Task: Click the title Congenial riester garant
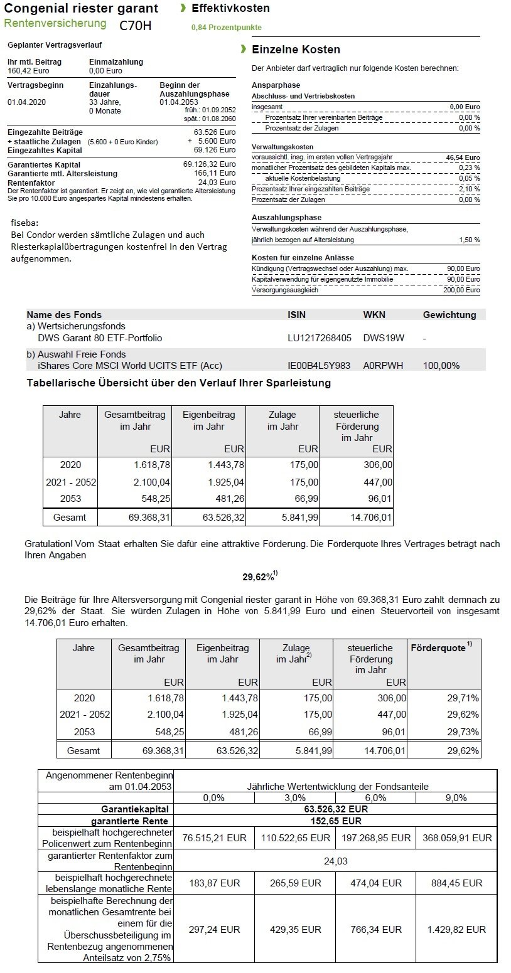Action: click(81, 9)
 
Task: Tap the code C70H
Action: click(135, 26)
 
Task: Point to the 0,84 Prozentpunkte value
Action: click(226, 28)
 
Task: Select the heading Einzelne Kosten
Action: click(296, 50)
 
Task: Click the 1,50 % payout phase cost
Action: click(469, 240)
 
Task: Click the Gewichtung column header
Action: click(449, 315)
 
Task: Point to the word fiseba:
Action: click(24, 223)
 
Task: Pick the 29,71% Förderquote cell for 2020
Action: click(464, 698)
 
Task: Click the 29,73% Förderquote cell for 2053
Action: click(464, 731)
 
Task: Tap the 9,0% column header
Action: click(456, 797)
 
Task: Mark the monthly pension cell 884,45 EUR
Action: click(456, 883)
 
